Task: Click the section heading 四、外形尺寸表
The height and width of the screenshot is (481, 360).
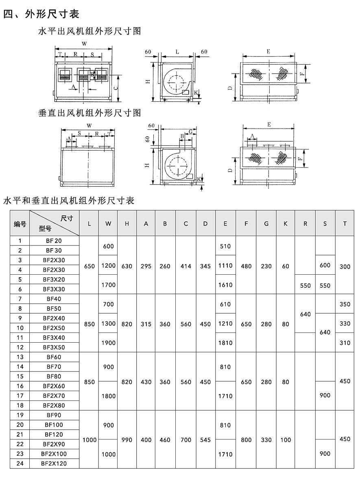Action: [41, 14]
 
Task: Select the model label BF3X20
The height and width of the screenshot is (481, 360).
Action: [55, 279]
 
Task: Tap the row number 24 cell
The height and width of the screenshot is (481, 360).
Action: [20, 463]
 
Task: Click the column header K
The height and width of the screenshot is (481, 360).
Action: [286, 223]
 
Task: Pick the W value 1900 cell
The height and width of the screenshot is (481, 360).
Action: [108, 343]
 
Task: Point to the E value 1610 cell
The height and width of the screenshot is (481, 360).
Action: [225, 285]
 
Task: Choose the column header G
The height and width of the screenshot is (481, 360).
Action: [266, 223]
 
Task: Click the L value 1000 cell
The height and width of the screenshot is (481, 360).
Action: [89, 439]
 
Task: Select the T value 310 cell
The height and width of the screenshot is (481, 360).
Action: [345, 343]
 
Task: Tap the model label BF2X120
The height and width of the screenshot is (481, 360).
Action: [54, 463]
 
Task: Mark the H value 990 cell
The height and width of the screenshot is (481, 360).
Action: [127, 439]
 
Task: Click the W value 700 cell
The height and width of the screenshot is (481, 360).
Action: [108, 304]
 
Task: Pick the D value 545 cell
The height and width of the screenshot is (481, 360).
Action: [205, 439]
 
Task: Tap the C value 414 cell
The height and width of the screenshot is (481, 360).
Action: [186, 266]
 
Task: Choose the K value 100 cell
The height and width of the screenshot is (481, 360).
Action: [286, 439]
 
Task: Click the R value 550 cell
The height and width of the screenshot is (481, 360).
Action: [305, 285]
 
